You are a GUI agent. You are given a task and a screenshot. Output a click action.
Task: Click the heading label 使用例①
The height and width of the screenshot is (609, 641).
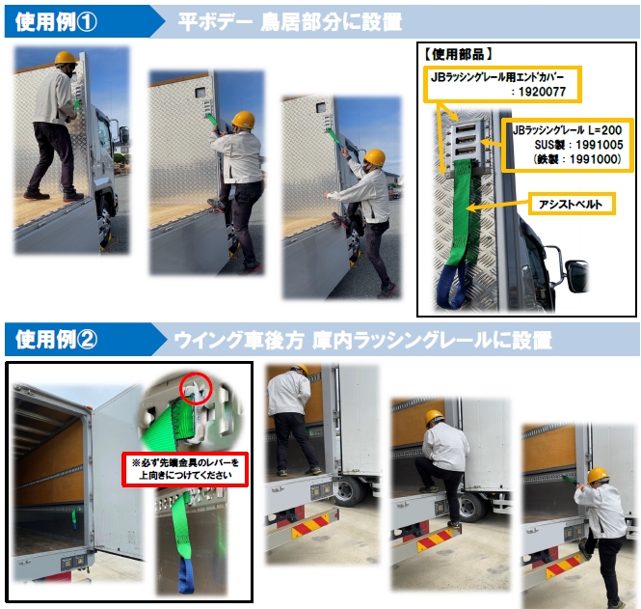56,21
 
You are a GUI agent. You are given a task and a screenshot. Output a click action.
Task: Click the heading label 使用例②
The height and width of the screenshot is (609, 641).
57,340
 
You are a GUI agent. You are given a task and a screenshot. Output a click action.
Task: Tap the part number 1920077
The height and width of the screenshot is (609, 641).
542,92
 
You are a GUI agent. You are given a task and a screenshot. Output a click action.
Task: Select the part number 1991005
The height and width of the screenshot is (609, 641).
600,145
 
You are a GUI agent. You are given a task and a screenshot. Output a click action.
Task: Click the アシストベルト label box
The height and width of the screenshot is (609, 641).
572,204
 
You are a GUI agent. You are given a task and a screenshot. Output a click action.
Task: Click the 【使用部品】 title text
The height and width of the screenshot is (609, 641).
458,54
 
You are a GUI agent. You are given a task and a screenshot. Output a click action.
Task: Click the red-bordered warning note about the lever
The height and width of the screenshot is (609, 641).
185,469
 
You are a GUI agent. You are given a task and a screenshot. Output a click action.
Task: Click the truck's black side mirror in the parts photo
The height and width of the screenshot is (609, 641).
576,276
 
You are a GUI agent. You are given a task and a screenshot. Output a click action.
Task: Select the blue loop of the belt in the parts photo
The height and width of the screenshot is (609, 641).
452,287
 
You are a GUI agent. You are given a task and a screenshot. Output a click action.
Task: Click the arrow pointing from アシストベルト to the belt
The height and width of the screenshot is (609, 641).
497,206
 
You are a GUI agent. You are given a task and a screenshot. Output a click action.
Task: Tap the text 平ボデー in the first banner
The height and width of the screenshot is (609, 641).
215,21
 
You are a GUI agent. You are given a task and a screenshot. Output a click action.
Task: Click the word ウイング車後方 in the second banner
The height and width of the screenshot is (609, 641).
239,340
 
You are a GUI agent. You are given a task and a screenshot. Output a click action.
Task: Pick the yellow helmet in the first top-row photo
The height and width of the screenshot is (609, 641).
66,58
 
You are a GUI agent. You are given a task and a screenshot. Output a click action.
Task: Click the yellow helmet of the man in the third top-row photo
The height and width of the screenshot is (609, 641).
374,157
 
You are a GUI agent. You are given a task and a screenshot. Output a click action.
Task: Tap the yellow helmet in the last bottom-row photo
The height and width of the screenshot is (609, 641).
598,475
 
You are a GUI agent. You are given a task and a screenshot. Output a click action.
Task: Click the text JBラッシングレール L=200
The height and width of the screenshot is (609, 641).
568,130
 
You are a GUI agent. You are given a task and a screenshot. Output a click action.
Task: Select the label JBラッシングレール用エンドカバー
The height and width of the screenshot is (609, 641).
497,77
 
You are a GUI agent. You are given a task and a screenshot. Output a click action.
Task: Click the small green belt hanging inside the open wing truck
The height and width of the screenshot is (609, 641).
75,518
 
